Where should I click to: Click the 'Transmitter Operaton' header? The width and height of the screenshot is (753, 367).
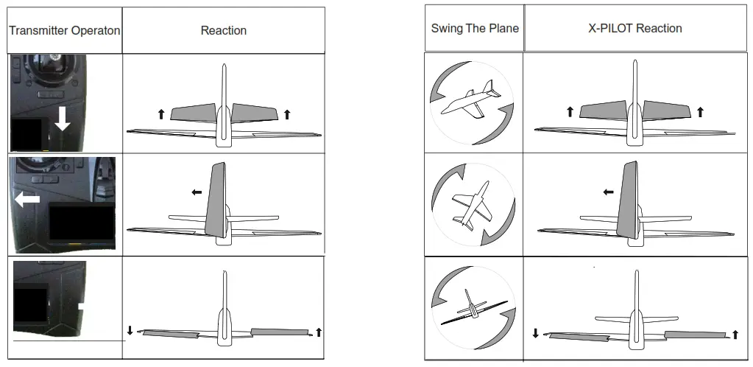64,31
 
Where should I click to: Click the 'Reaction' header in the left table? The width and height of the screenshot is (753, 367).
223,31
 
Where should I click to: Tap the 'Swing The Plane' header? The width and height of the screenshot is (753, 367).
475,29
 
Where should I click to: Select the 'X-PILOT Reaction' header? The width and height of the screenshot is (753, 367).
634,29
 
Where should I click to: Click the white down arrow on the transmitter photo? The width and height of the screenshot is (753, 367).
63,118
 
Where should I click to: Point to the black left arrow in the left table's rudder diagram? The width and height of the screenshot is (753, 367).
197,192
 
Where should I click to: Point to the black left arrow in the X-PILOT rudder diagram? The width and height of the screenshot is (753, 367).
608,192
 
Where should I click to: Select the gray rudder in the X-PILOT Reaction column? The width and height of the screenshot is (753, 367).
627,199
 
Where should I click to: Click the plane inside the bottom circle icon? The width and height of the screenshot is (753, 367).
472,309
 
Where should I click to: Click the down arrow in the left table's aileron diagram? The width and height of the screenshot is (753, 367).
130,330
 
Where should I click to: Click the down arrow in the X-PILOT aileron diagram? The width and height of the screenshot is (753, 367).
535,333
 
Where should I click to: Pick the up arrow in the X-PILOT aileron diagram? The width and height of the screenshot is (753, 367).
735,335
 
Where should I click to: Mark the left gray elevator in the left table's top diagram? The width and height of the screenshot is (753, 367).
193,113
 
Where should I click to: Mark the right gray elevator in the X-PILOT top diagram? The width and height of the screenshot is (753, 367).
666,110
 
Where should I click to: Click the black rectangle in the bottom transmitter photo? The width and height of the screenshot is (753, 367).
31,307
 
